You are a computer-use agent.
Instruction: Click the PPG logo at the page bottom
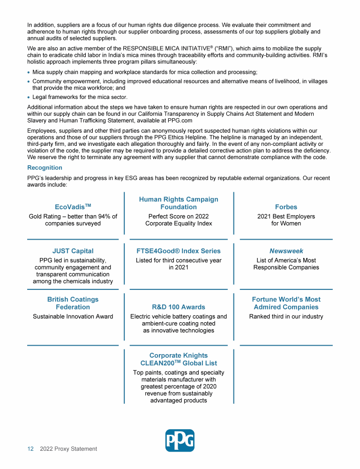tap(180, 440)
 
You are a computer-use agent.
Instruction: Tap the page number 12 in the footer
tap(30, 449)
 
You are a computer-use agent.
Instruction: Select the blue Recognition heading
tap(45, 167)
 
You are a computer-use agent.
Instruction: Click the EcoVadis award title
tap(73, 206)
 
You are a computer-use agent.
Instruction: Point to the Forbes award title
tap(286, 207)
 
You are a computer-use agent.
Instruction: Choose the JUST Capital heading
tap(73, 251)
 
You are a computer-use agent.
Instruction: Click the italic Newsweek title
tap(286, 251)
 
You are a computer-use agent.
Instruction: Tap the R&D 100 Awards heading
tap(179, 307)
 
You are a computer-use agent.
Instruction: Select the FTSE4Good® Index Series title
tap(179, 251)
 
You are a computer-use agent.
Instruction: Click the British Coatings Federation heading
tap(73, 303)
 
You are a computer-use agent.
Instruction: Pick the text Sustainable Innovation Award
tap(73, 317)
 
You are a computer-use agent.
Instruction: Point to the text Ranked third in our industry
tap(286, 317)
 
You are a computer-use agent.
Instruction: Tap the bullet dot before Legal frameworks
tap(29, 97)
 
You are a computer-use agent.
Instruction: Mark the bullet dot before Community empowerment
tap(29, 82)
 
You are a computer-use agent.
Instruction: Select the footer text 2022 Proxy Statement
tap(68, 449)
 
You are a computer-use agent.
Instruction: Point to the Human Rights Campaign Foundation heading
tap(179, 203)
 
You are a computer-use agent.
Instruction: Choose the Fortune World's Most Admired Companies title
tap(286, 303)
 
